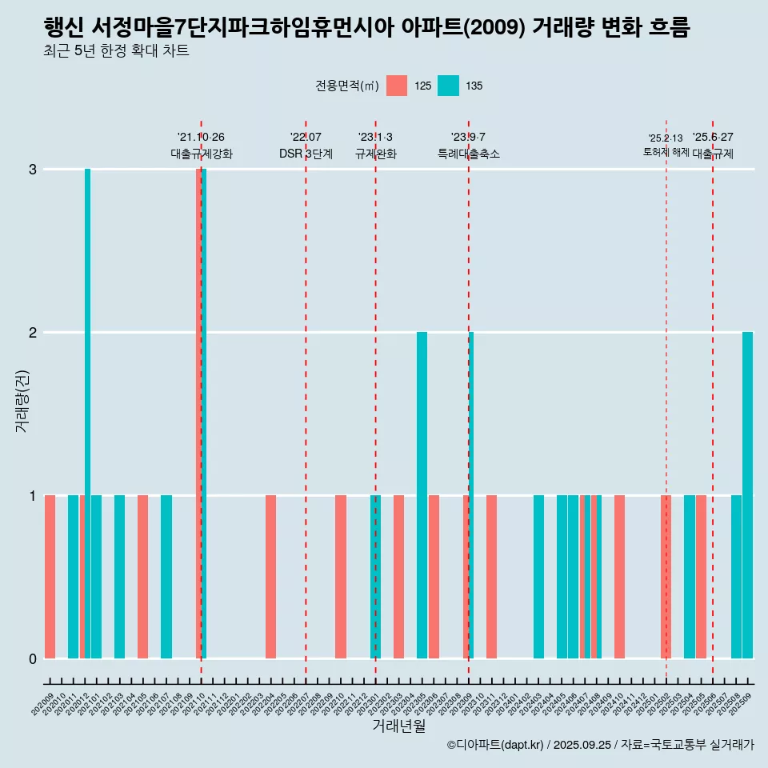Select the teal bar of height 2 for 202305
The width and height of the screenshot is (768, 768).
(422, 496)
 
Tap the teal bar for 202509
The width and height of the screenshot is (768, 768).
(747, 496)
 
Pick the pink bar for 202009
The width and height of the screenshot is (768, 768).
(50, 576)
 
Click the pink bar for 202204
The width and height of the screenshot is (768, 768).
(270, 576)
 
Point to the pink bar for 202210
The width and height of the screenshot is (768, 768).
(341, 576)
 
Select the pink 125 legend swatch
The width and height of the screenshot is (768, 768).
(397, 86)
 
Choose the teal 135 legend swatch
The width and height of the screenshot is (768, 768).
(449, 86)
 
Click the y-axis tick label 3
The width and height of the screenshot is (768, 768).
(32, 170)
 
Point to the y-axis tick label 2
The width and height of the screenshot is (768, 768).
(32, 333)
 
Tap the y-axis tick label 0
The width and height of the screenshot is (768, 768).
(32, 659)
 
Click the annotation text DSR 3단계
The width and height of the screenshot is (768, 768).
(306, 154)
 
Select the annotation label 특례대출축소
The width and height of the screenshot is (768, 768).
(469, 154)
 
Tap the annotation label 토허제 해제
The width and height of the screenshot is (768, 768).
(666, 152)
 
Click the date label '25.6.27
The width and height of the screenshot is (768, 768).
(713, 137)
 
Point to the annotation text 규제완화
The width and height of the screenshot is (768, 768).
(375, 154)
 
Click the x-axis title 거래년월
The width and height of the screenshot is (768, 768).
(398, 726)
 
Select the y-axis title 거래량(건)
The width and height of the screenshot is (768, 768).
(22, 400)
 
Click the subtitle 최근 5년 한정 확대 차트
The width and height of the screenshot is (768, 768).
(117, 52)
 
